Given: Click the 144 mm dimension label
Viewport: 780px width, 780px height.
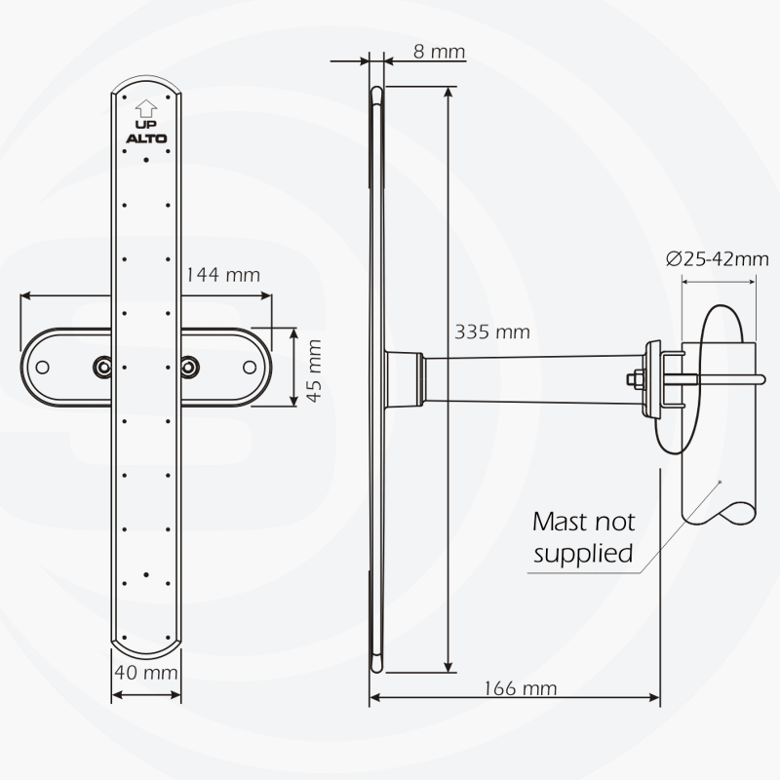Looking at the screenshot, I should [223, 275].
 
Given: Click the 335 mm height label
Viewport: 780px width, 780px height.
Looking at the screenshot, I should [492, 331].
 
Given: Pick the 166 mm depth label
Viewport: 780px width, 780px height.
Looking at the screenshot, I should [520, 688].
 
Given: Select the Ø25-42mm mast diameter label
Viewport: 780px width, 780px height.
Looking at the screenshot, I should [718, 258].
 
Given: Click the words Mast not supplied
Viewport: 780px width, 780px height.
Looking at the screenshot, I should [583, 537].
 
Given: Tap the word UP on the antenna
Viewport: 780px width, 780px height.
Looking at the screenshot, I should [146, 124].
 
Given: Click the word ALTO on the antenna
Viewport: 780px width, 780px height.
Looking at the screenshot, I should [146, 138].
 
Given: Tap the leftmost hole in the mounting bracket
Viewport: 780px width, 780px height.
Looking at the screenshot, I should [43, 367].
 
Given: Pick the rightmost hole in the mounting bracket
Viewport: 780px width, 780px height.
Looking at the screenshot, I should [250, 367].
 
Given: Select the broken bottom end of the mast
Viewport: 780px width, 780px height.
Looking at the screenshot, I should [719, 514].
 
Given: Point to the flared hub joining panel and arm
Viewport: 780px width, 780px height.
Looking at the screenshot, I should [403, 379].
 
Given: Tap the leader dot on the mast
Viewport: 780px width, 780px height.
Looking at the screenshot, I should [720, 481].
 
